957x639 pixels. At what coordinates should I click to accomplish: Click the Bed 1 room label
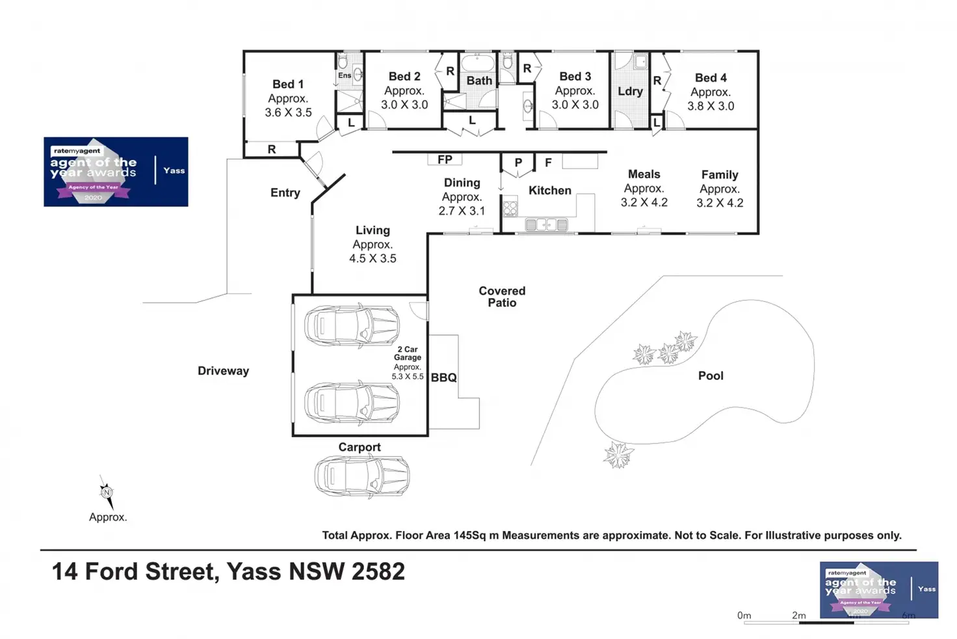coord(287,84)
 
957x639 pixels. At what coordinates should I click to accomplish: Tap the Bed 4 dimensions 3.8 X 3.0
coord(711,106)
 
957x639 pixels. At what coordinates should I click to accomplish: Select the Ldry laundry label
coord(630,91)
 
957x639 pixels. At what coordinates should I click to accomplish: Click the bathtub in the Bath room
coord(478,63)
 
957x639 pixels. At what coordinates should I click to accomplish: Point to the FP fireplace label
coord(445,159)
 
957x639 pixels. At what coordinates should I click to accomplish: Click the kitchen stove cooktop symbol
coord(510,208)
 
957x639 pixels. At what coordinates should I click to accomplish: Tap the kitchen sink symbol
coord(546,225)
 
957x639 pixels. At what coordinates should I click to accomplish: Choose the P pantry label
coord(518,163)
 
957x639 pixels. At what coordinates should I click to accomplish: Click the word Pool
coord(711,375)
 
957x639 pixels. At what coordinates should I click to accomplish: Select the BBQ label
coord(444,377)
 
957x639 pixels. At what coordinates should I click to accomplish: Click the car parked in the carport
coord(362,476)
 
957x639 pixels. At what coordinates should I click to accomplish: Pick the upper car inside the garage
coord(352,325)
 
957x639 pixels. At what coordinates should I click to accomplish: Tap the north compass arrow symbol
coord(107,492)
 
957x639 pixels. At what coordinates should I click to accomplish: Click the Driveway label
coord(223,371)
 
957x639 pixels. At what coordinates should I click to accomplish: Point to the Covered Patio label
coord(502,297)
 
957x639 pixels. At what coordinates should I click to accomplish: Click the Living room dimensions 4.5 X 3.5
coord(373,258)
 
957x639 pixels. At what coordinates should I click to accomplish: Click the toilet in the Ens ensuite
coord(343,62)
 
